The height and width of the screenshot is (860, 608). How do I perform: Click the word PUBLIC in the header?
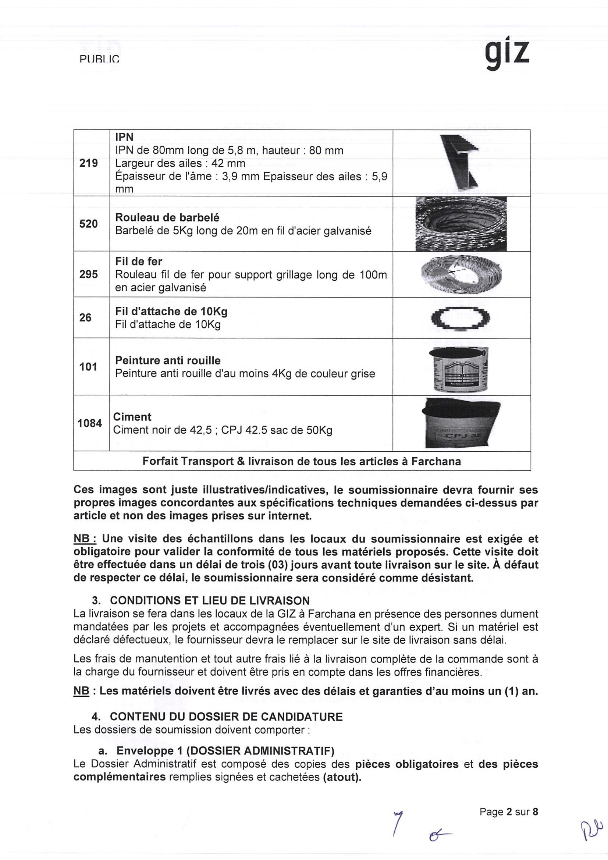tap(99, 60)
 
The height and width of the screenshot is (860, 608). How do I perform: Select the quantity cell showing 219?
tap(88, 163)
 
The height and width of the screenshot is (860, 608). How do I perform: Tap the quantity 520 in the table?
tap(88, 224)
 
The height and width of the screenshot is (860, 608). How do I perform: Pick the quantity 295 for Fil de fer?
tap(88, 274)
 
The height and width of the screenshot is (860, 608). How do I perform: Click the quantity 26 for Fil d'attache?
tap(85, 318)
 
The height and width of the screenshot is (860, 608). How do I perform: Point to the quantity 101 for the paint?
tap(88, 367)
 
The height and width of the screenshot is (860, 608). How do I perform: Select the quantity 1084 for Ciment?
tap(90, 423)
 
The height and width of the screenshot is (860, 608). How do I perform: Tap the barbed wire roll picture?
tap(461, 224)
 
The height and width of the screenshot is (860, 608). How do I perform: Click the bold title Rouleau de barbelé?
tap(167, 218)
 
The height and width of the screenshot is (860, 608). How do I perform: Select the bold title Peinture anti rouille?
tap(168, 360)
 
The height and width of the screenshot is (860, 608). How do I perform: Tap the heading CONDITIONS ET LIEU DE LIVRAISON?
tap(210, 600)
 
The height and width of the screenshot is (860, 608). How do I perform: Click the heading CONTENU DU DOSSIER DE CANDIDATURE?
tap(226, 717)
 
